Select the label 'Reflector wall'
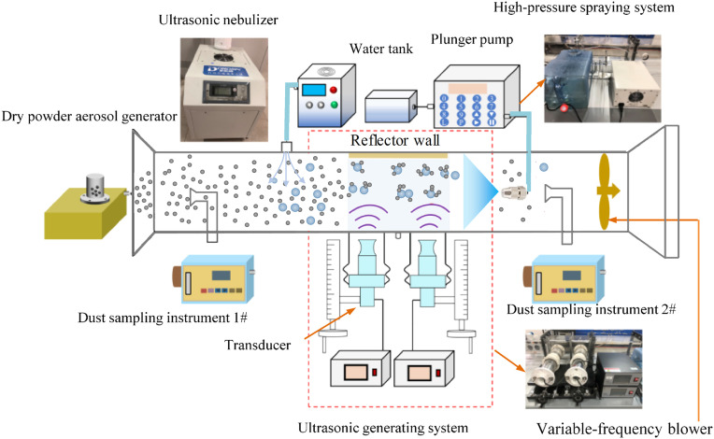click(x=394, y=140)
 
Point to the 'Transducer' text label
click(x=257, y=345)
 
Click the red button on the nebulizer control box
click(x=334, y=90)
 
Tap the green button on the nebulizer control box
click(x=335, y=106)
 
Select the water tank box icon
click(x=392, y=106)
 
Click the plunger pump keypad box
click(x=477, y=96)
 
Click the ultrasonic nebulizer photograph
click(x=224, y=90)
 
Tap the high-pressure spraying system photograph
click(x=603, y=78)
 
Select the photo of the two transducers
click(x=584, y=369)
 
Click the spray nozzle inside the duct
click(x=514, y=192)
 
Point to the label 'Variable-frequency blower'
click(x=624, y=429)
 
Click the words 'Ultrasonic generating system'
click(x=383, y=428)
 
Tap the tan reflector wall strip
click(x=398, y=156)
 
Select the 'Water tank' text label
click(x=381, y=49)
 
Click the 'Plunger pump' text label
click(x=472, y=40)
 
